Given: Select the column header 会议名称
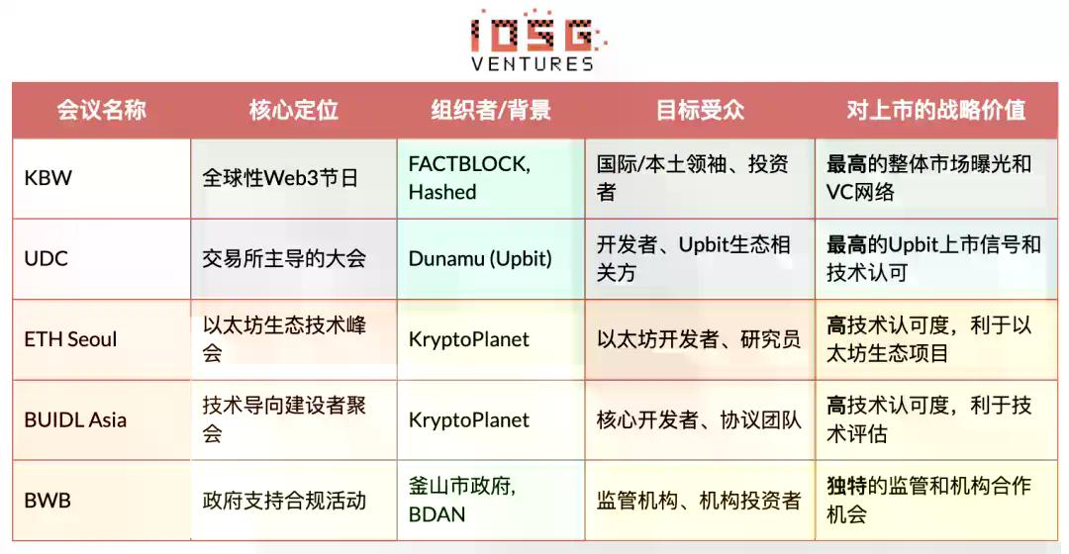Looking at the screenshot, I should point(101,110).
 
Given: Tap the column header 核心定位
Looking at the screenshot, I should point(293,110).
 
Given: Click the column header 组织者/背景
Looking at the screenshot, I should point(490,110).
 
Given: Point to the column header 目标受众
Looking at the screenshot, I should point(699,110).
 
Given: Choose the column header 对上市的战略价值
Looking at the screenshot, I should point(935,110).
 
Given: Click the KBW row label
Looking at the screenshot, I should point(49,179).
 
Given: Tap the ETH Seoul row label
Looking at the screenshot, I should point(70,339).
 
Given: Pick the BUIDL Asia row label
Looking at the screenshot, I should point(75,419).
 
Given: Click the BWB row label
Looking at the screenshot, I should point(48,501).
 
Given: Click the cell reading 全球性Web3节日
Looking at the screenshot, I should point(280,179).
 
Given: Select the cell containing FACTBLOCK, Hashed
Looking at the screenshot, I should point(469,178).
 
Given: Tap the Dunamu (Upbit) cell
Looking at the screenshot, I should point(480,259).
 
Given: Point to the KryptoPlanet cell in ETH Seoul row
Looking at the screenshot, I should point(468,339).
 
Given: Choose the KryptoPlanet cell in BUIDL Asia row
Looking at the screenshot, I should point(468,419).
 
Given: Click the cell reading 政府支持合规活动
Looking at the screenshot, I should point(284,501).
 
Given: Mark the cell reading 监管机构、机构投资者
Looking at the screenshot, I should point(698,501).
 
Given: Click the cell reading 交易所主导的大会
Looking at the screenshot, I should point(284,259).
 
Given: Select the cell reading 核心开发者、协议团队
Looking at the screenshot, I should point(698,419).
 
